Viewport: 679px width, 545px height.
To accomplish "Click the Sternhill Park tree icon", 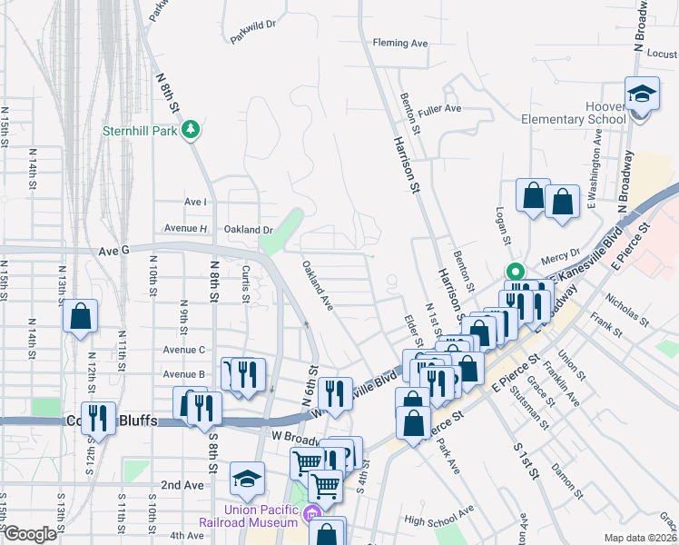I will (x=191, y=130).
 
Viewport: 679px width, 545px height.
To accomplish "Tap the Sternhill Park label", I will (x=141, y=130).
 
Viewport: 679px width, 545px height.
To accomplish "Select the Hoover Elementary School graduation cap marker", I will (x=642, y=95).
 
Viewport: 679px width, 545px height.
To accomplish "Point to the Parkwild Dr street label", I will (x=253, y=25).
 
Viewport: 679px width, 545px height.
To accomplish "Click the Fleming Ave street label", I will (x=400, y=43).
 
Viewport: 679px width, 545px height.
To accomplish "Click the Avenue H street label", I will (x=186, y=228).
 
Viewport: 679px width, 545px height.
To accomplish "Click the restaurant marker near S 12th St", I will (x=98, y=419).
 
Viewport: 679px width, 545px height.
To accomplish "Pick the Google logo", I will (x=29, y=534).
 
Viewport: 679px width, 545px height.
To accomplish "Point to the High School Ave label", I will (x=439, y=520).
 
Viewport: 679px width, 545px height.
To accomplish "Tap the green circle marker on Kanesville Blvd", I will (x=515, y=272).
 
